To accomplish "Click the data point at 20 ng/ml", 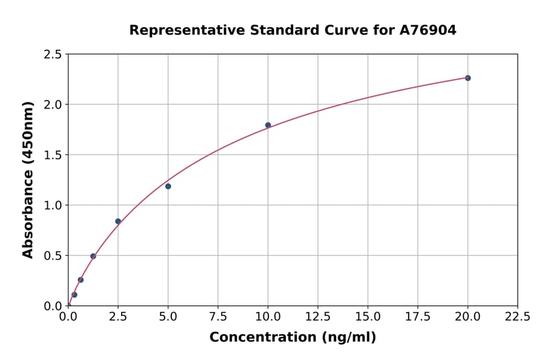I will point(467,78).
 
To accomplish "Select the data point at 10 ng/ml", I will point(268,125).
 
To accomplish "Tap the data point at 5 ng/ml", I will point(168,186).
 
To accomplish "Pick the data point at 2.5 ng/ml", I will point(118,221).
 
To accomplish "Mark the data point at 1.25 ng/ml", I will point(93,256).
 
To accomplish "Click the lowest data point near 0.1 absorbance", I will point(74,295).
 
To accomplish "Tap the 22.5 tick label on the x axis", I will point(518,316).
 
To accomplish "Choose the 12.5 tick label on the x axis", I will point(318,316).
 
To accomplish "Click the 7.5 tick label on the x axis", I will point(218,316).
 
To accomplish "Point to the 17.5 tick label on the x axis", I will point(418,316).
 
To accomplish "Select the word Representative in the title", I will point(178,30).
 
